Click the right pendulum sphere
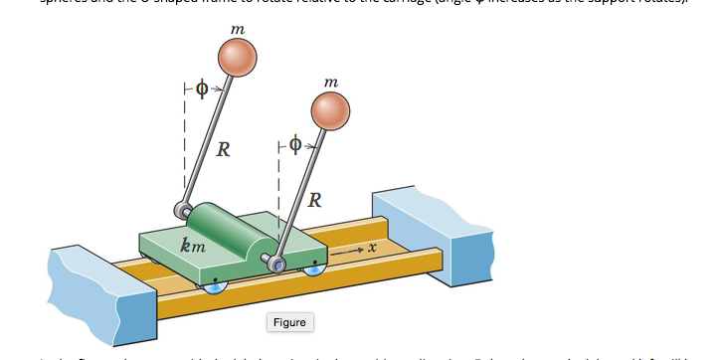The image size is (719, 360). click(x=331, y=111)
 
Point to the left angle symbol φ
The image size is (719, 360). click(x=201, y=89)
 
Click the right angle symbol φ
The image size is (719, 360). click(x=295, y=144)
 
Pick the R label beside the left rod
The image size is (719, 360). click(x=224, y=150)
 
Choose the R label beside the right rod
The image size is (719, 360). click(x=314, y=199)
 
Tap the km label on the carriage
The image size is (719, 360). click(x=193, y=245)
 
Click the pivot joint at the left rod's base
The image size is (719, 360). click(x=183, y=210)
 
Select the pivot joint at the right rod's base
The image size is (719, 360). click(x=279, y=264)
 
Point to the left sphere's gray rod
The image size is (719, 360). click(x=209, y=139)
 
